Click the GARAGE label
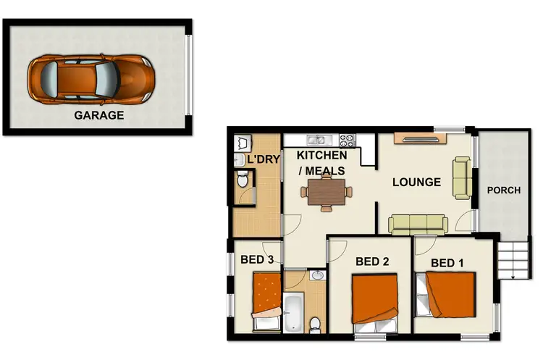[99, 114]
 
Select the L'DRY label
[263, 159]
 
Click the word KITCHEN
[322, 156]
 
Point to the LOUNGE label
[416, 182]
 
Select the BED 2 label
[372, 261]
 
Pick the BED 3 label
[256, 259]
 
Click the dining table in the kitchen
[326, 192]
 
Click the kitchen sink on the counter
[317, 139]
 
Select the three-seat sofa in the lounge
[417, 225]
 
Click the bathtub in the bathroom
[294, 311]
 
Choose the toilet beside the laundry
[244, 179]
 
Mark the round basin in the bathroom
[316, 275]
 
